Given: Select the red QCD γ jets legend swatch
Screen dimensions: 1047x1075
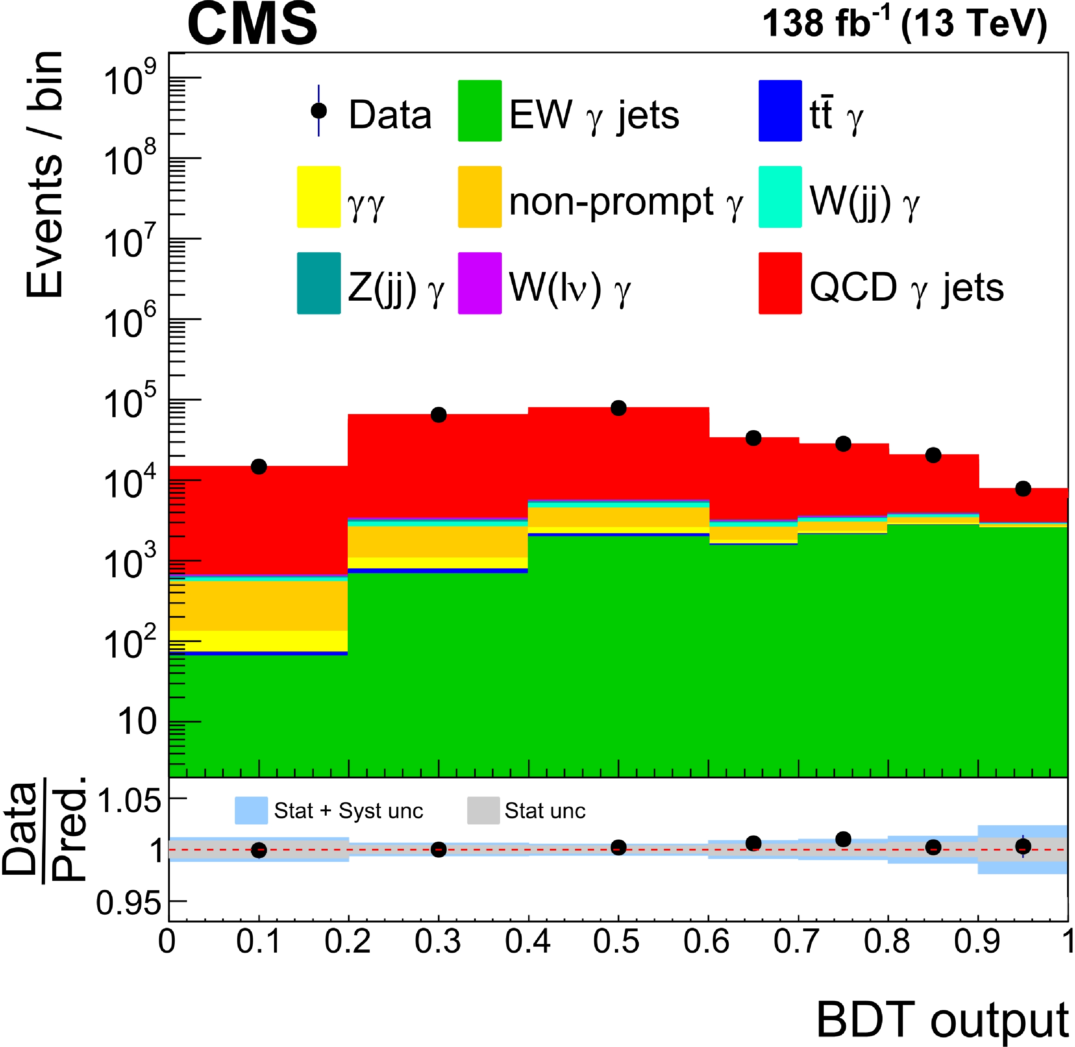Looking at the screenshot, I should [780, 283].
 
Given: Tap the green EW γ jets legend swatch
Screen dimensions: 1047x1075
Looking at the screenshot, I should [479, 111].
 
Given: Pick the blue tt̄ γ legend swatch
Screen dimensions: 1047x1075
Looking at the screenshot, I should [780, 111].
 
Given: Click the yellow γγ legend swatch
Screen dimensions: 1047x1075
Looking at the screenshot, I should [318, 197].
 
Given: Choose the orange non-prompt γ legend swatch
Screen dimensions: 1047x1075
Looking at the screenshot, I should [479, 197].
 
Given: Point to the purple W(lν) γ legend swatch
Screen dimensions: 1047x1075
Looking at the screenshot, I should [479, 283].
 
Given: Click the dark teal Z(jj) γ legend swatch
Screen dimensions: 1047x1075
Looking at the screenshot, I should [318, 283].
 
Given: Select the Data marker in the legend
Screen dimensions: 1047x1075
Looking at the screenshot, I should [318, 111].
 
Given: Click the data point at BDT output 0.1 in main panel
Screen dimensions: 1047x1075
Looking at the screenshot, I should [259, 467].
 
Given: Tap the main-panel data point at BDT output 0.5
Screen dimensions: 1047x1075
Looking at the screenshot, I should [618, 408].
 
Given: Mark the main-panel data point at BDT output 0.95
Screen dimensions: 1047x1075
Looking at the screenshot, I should [1023, 488].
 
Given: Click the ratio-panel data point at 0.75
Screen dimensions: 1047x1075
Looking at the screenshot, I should [843, 839].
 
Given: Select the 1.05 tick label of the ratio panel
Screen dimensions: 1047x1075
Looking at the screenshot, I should [129, 801].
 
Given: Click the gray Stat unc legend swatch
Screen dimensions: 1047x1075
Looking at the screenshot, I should [483, 811].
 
